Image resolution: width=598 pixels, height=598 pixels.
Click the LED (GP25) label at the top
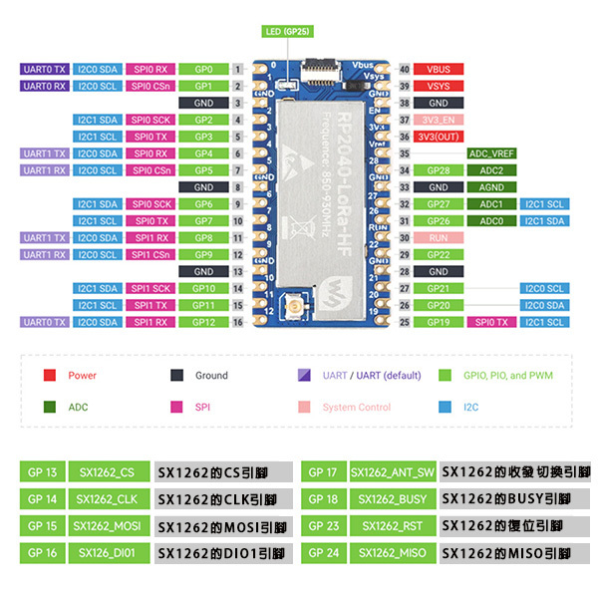287,32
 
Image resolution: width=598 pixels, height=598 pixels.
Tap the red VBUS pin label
438,70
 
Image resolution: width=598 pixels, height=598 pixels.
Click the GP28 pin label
438,170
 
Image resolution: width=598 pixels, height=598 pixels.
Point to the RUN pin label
438,238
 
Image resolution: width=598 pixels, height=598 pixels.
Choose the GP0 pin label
204,70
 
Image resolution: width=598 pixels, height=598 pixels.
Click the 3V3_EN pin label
438,120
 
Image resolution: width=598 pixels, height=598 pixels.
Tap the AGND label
491,187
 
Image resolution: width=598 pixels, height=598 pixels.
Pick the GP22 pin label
438,255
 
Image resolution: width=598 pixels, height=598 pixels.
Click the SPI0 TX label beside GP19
491,322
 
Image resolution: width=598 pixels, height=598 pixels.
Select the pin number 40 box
404,70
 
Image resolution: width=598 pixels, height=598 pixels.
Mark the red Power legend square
50,376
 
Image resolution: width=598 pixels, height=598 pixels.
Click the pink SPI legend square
175,407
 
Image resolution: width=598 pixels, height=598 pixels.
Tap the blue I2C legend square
445,407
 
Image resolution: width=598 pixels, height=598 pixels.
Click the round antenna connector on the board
295,306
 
